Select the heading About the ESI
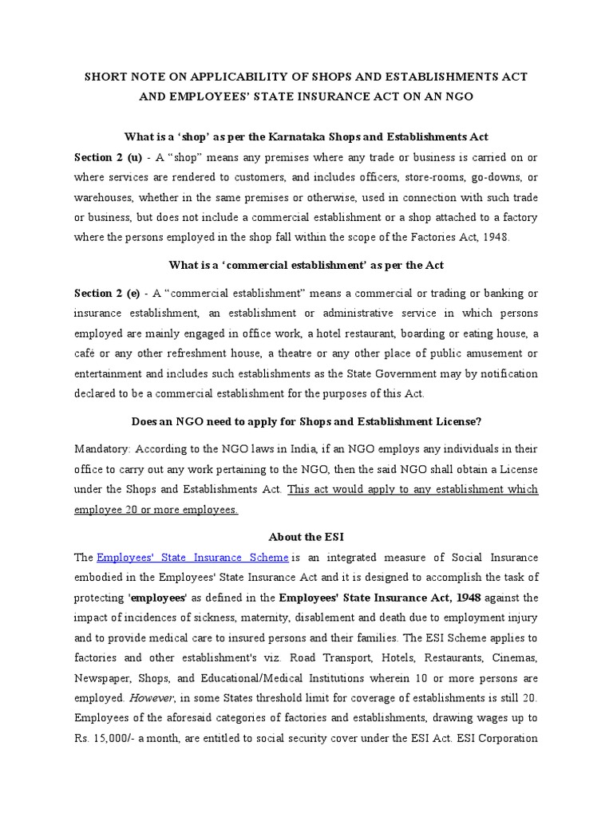(x=306, y=536)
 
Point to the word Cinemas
(x=512, y=657)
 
